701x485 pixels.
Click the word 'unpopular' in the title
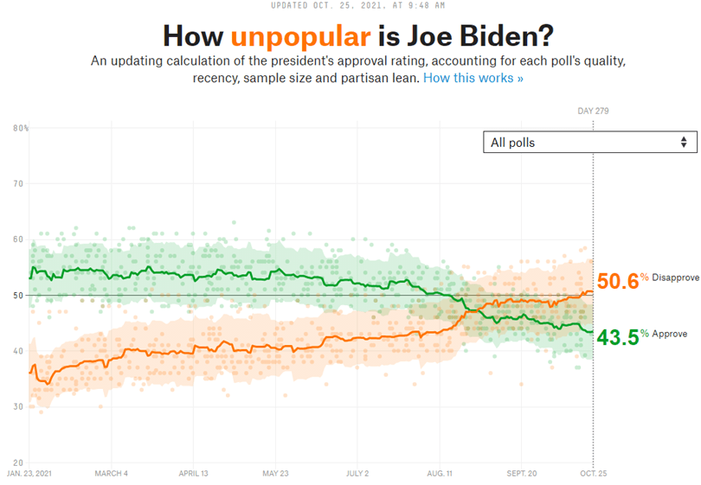click(x=300, y=36)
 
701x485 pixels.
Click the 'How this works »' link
click(x=473, y=78)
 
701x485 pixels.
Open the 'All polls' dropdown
click(x=589, y=143)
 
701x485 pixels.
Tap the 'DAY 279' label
click(x=593, y=111)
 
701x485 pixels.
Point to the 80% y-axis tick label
click(x=21, y=128)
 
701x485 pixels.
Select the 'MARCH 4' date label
click(x=112, y=474)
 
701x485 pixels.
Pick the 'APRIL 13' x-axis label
click(x=193, y=474)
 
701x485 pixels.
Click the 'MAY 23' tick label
click(x=274, y=474)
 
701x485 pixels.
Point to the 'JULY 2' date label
click(x=357, y=474)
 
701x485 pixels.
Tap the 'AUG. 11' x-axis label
click(x=440, y=474)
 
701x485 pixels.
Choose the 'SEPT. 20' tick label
click(x=522, y=474)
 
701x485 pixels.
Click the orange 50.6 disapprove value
click(x=617, y=281)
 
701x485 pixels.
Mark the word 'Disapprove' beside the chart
click(x=676, y=278)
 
